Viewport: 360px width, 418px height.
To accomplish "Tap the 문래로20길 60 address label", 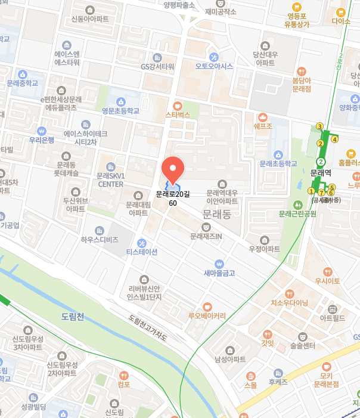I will pos(173,199).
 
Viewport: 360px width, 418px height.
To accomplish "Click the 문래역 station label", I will pos(321,173).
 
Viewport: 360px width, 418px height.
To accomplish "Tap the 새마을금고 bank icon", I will pos(219,263).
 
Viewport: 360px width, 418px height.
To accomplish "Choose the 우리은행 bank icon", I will pos(42,131).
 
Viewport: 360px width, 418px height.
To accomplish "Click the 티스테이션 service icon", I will pos(141,242).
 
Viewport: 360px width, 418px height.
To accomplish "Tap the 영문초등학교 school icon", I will pos(121,101).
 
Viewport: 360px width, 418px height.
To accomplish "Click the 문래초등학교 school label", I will pos(278,163).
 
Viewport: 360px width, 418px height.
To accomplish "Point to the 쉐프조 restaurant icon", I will pos(263,117).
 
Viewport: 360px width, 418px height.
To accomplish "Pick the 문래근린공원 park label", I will pos(302,213).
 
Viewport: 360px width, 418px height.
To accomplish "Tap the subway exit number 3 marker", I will pos(319,126).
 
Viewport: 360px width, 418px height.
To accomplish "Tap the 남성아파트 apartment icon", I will pos(230,350).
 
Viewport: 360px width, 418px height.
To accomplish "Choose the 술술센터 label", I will pos(302,345).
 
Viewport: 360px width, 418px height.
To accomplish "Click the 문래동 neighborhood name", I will pos(216,213).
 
